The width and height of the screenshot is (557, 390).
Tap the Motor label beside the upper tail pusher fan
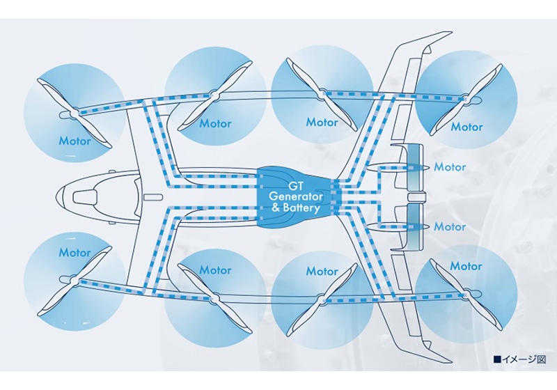click(x=450, y=167)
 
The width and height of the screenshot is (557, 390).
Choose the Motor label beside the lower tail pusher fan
click(x=450, y=227)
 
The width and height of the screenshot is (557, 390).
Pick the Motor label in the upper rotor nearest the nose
click(x=74, y=141)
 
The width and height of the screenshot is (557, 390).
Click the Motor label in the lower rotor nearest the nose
click(x=74, y=252)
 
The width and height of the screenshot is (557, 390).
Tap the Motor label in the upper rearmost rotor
click(x=466, y=127)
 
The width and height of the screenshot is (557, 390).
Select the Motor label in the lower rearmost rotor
click(x=466, y=266)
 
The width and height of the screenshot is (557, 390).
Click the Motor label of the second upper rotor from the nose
click(x=215, y=124)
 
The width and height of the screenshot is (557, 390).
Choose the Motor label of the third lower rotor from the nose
click(x=322, y=271)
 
